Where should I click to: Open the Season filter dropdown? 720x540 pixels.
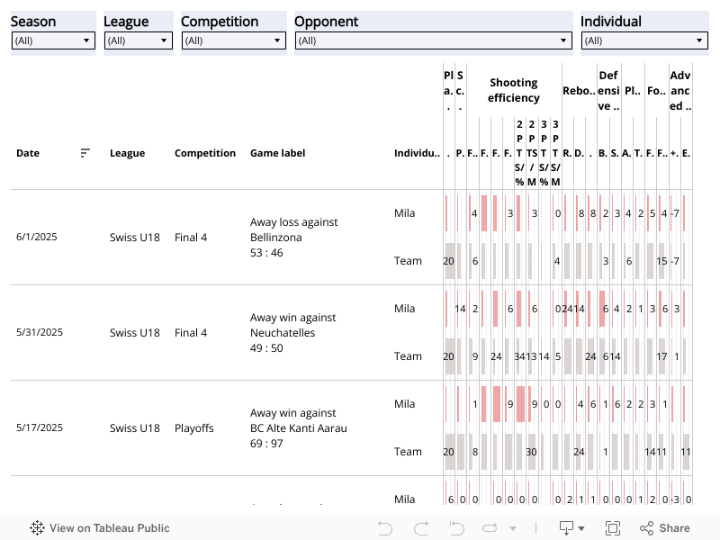click(53, 40)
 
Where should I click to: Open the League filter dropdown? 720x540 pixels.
click(138, 40)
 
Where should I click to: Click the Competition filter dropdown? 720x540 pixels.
click(233, 40)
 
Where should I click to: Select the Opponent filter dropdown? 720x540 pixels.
click(433, 40)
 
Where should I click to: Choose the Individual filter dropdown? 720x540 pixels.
click(644, 40)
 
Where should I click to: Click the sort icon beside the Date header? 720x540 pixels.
click(85, 153)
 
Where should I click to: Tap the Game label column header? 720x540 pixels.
click(277, 153)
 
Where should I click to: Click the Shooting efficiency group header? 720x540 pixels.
click(514, 90)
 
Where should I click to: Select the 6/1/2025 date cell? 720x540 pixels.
click(37, 238)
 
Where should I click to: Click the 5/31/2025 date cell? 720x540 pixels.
click(40, 333)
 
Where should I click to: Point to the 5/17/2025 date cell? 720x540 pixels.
click(40, 428)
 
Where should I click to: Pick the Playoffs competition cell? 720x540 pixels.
click(194, 428)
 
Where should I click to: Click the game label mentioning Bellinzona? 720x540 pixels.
click(293, 238)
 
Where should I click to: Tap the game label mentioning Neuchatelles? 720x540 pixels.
click(293, 333)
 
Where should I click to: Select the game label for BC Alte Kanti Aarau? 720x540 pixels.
click(298, 428)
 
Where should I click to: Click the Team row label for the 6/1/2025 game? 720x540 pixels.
click(408, 261)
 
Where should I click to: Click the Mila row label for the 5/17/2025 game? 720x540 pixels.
click(405, 404)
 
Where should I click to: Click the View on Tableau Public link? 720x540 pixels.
click(100, 528)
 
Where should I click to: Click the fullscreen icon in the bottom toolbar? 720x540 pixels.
click(613, 528)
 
